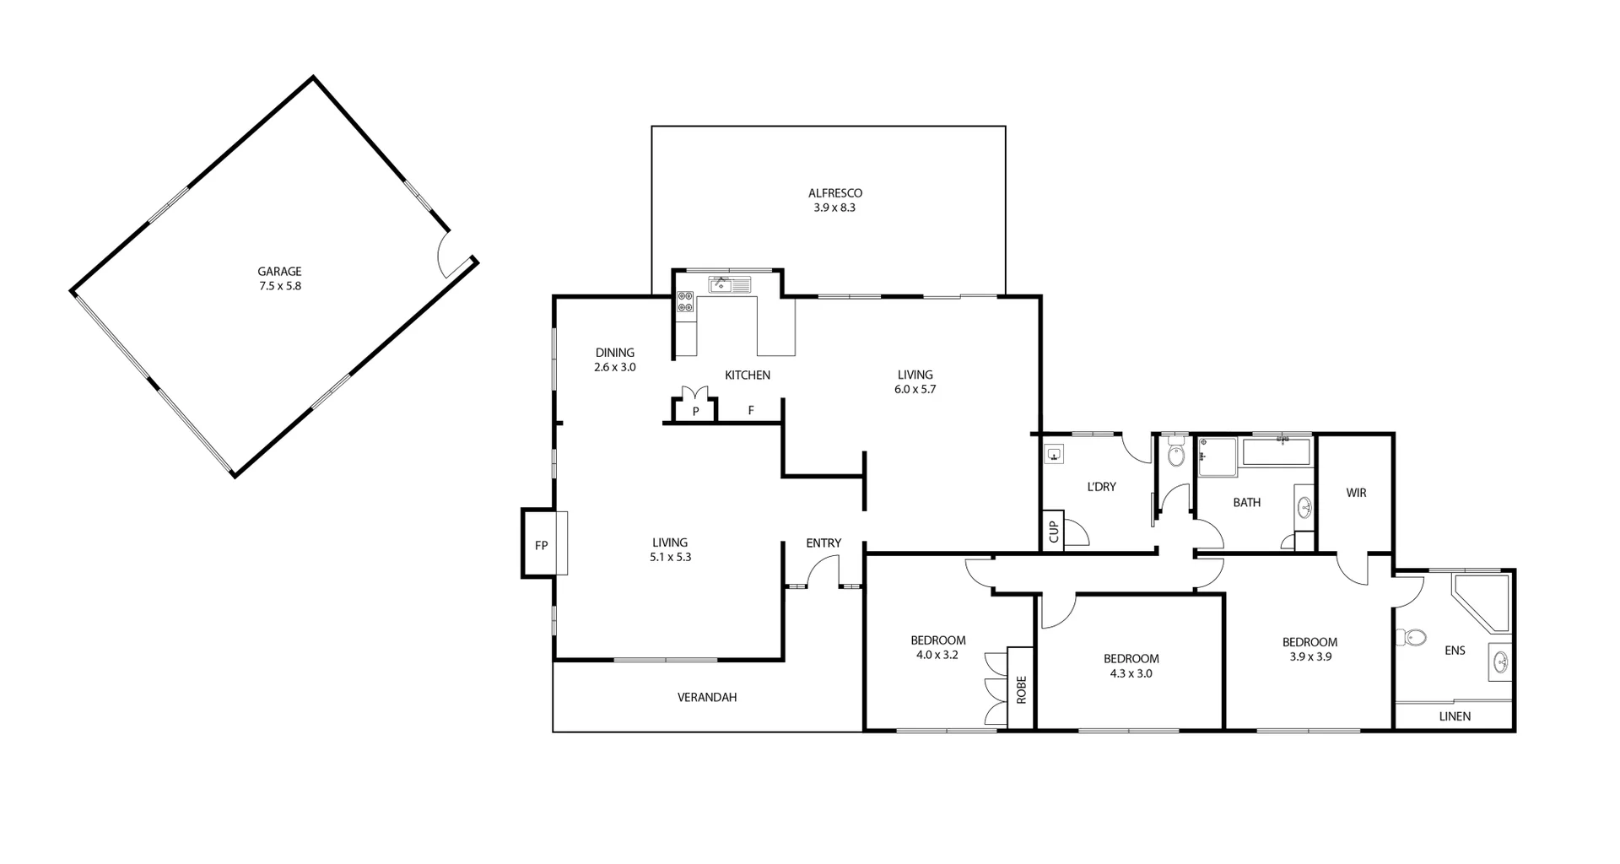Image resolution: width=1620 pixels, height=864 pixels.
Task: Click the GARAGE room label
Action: coord(279,272)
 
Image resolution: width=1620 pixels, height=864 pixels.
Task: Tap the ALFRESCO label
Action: coord(835,193)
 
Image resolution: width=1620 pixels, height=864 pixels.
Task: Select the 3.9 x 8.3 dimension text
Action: coord(835,208)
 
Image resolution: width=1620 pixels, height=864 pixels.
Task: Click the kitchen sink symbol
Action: coord(722,284)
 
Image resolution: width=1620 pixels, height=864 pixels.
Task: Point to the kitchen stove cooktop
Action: coord(685,302)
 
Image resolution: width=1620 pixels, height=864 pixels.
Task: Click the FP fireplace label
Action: coord(541,546)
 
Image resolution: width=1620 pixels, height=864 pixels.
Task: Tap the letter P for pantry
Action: coord(695,412)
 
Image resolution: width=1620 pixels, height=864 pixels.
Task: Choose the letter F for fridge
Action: coord(750,412)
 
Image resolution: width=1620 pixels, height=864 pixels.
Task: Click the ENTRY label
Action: coord(823,543)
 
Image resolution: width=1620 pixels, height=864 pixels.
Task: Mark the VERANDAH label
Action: coord(707,698)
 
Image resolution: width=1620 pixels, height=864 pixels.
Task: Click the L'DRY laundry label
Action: coord(1101,487)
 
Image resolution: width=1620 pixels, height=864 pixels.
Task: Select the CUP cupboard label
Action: coord(1053,532)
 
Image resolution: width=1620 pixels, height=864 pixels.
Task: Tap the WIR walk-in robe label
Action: coord(1356,493)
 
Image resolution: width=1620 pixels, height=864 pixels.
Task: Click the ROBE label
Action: coord(1021,690)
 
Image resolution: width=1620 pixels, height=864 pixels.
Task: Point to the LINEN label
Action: coord(1455,716)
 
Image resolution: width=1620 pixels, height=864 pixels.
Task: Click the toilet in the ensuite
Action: coord(1412,637)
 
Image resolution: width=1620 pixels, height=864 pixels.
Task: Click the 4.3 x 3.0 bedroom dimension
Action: coord(1131,673)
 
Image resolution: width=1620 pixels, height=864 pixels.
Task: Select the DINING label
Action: coord(614,353)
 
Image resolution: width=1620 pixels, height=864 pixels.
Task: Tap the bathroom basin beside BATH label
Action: coord(1304,508)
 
